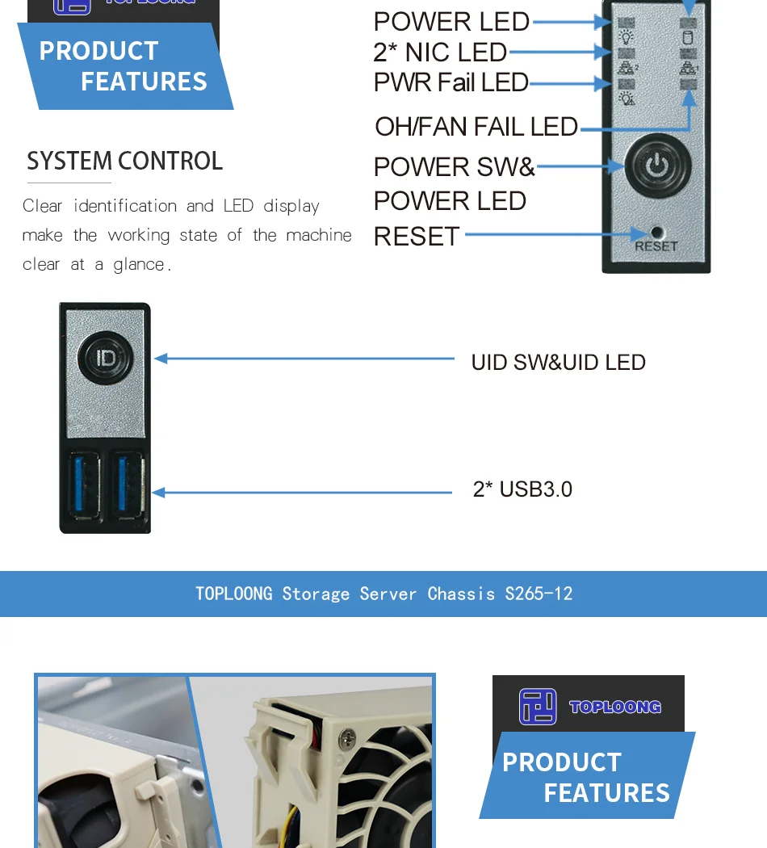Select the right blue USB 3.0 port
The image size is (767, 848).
(x=130, y=483)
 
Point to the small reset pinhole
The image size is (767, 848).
(x=656, y=232)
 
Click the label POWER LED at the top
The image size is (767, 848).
(x=451, y=22)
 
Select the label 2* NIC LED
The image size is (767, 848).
(x=440, y=52)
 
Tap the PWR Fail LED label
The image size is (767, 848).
(x=451, y=82)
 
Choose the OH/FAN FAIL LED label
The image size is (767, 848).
(x=476, y=127)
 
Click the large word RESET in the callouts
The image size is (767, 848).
(x=417, y=237)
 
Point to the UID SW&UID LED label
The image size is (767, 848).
(x=558, y=362)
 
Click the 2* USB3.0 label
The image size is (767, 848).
(x=522, y=489)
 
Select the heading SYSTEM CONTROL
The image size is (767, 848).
(x=124, y=161)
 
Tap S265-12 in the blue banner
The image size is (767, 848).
(x=539, y=594)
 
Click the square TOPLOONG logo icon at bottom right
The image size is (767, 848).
(x=538, y=707)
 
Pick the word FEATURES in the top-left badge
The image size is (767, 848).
(x=144, y=82)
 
